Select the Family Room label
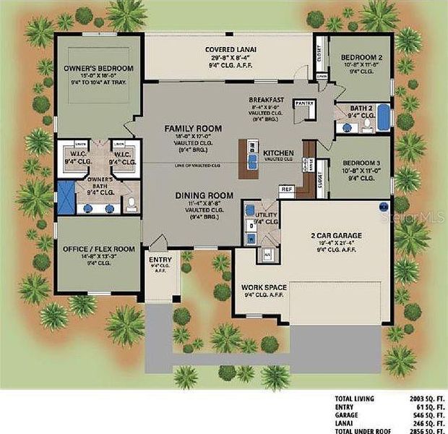pos(187,128)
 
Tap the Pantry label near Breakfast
pos(304,103)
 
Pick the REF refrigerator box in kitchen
pos(287,190)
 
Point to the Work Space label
pos(264,287)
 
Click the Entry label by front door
pos(159,260)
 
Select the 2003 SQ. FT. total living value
pos(421,399)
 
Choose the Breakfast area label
pos(266,100)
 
